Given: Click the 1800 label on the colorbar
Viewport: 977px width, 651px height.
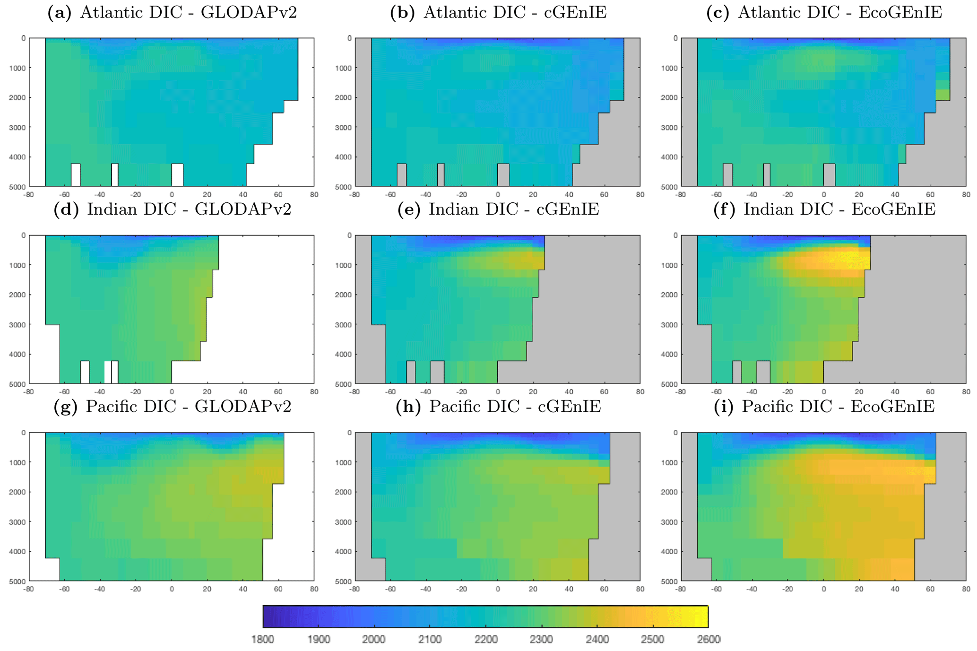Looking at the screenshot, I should (x=262, y=640).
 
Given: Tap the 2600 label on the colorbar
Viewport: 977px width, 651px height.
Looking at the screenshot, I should (x=709, y=640).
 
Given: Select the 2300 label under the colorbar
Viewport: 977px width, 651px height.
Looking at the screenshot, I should (x=541, y=640).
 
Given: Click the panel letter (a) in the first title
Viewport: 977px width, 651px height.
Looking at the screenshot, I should (x=60, y=13).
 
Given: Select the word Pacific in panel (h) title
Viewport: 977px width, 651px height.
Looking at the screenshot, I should (x=453, y=407).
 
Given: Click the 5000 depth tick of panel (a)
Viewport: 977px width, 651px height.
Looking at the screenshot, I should (x=17, y=187).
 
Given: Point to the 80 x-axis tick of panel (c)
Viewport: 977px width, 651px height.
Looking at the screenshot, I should (x=966, y=194).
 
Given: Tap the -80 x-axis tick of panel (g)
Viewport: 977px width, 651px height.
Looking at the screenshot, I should (x=29, y=589).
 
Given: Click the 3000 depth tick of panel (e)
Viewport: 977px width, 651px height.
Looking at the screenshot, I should (x=343, y=325).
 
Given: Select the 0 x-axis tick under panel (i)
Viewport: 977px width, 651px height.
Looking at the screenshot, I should (x=823, y=589).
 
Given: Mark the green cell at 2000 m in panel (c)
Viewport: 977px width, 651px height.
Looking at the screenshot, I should (x=942, y=95).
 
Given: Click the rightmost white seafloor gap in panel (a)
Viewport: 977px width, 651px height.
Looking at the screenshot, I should (x=177, y=175).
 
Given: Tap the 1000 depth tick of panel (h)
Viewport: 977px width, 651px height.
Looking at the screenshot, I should (x=343, y=462).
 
